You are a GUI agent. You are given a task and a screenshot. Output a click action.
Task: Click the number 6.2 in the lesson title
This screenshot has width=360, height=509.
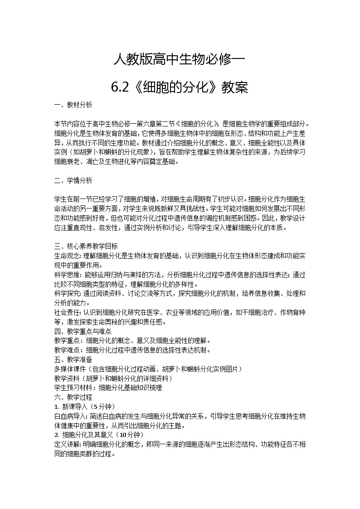point(120,87)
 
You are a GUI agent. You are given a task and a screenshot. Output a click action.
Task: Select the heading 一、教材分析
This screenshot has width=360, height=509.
point(73,105)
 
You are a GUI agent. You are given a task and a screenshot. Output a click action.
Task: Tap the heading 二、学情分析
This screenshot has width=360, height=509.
point(73,180)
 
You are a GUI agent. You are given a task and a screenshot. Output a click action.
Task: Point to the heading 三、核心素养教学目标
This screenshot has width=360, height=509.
point(86,247)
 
